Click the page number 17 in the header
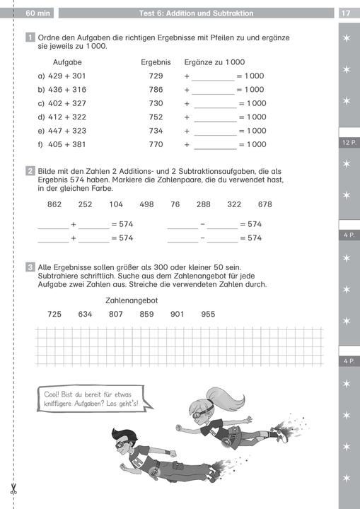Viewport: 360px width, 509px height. coord(345,13)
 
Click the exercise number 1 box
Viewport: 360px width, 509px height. coord(30,37)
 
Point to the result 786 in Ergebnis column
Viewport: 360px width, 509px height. coord(156,90)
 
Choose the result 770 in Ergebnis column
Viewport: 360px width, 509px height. coord(156,145)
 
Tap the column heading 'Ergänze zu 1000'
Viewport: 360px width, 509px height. coord(214,62)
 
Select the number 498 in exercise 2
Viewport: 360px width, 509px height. coord(146,204)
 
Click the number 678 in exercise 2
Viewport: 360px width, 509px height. coord(265,204)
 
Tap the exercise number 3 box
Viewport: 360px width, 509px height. coord(30,267)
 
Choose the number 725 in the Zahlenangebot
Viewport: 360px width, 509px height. coord(54,314)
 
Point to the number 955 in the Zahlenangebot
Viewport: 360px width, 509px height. coord(208,314)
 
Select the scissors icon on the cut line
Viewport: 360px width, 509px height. coord(13,488)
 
